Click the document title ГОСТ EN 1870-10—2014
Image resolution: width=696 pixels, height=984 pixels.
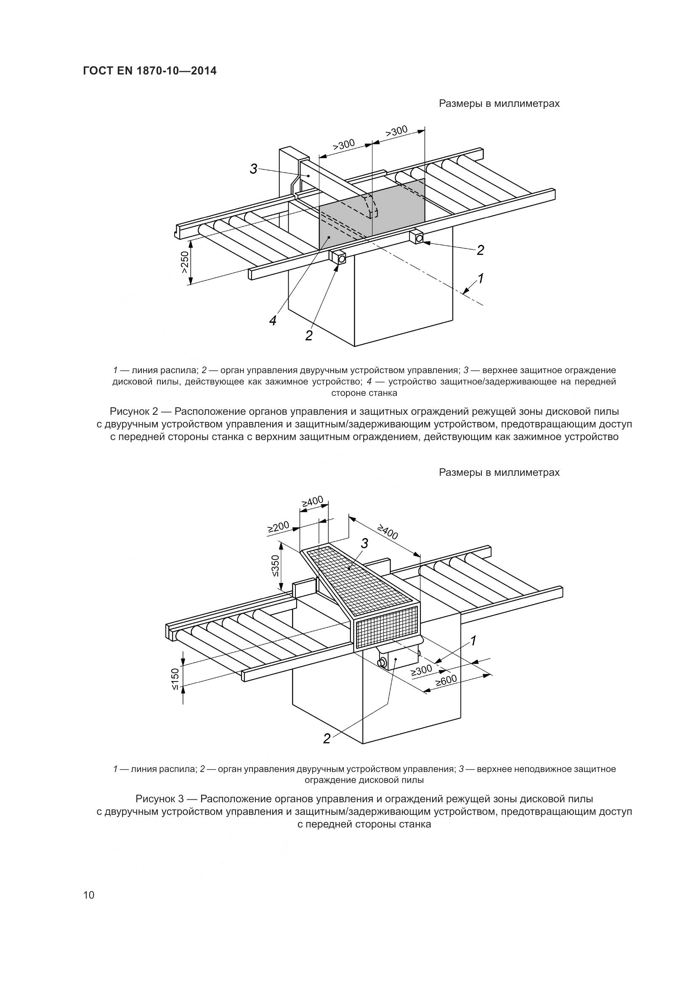[149, 71]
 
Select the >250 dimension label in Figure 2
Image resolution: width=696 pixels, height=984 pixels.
[184, 262]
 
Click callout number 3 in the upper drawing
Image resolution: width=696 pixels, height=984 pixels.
[254, 169]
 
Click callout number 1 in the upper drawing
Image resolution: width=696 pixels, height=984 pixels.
[481, 278]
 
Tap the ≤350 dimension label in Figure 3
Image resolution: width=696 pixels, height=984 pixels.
[275, 566]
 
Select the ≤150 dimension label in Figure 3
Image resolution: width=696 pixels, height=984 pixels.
[176, 678]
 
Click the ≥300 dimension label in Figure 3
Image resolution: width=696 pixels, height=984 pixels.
[422, 670]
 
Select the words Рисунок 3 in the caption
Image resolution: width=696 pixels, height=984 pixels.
[160, 799]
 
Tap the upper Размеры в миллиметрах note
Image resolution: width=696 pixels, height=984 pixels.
[499, 104]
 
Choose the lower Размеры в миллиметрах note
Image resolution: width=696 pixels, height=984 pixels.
[499, 472]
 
